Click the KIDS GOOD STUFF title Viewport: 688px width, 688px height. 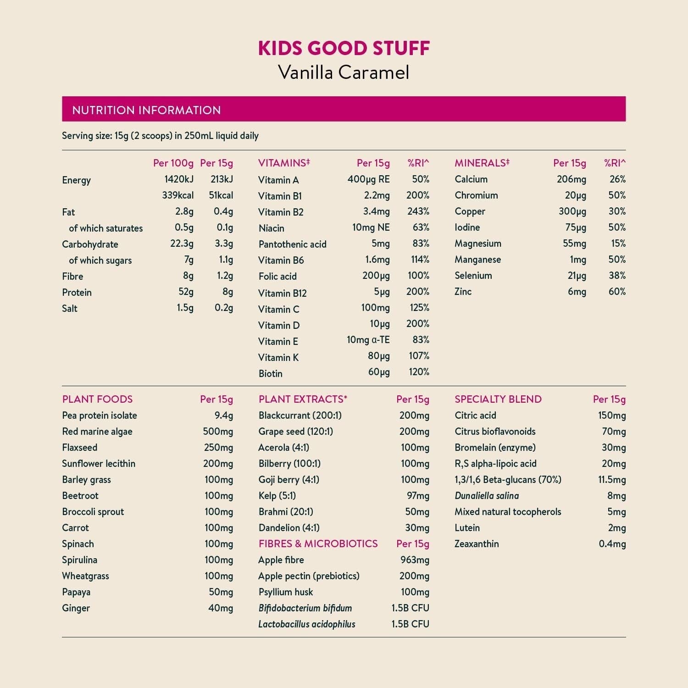(344, 49)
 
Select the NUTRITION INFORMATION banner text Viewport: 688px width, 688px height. (146, 110)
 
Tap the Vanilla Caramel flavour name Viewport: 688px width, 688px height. (344, 72)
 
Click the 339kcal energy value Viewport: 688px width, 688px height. (178, 195)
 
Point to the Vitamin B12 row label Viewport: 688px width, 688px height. (282, 293)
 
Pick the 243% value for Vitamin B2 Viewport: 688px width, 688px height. (418, 211)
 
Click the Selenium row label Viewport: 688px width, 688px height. (473, 276)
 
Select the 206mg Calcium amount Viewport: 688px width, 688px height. (571, 179)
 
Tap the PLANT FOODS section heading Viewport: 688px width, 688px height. (97, 399)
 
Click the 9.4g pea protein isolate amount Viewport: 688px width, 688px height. (223, 416)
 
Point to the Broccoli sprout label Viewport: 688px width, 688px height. (93, 512)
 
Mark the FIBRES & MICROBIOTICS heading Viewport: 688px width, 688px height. (318, 544)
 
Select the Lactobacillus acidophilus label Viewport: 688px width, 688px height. (306, 624)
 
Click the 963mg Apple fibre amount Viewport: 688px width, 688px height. (415, 560)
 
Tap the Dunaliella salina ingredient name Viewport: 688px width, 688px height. (486, 496)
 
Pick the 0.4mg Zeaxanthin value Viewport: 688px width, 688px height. (612, 544)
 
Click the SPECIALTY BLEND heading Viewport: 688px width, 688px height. (498, 399)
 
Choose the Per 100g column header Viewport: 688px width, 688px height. (173, 163)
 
